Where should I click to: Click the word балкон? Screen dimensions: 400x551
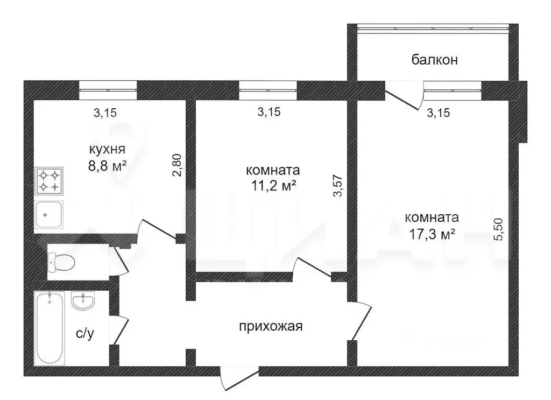coord(434,60)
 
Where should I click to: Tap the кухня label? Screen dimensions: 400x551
coord(108,149)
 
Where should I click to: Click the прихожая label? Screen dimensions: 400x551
coord(271,326)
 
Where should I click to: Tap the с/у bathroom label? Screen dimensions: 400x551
coord(85,334)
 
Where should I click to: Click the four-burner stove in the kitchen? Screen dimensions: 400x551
coord(49,181)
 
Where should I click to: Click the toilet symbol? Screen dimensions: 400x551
coord(61,262)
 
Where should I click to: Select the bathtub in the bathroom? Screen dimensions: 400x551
coord(50,328)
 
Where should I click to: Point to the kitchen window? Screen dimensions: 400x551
coord(108,90)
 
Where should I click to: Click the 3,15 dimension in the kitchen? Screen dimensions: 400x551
coord(105,113)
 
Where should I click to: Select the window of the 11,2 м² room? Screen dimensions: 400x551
coord(268,90)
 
